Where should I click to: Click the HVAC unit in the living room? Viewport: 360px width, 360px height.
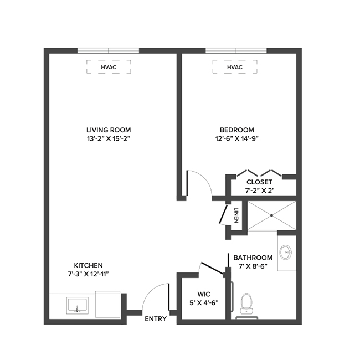click(109, 68)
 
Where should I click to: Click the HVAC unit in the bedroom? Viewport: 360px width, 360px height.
click(235, 68)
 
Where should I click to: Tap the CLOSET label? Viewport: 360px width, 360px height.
click(259, 182)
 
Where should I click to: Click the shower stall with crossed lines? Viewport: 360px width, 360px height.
click(271, 215)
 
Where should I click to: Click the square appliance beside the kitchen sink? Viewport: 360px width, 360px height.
click(109, 305)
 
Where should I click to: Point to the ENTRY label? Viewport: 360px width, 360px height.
click(156, 320)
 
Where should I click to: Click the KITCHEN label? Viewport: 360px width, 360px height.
click(89, 266)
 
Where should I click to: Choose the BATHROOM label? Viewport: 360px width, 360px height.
click(253, 258)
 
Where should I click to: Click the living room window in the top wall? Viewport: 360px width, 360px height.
click(109, 50)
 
